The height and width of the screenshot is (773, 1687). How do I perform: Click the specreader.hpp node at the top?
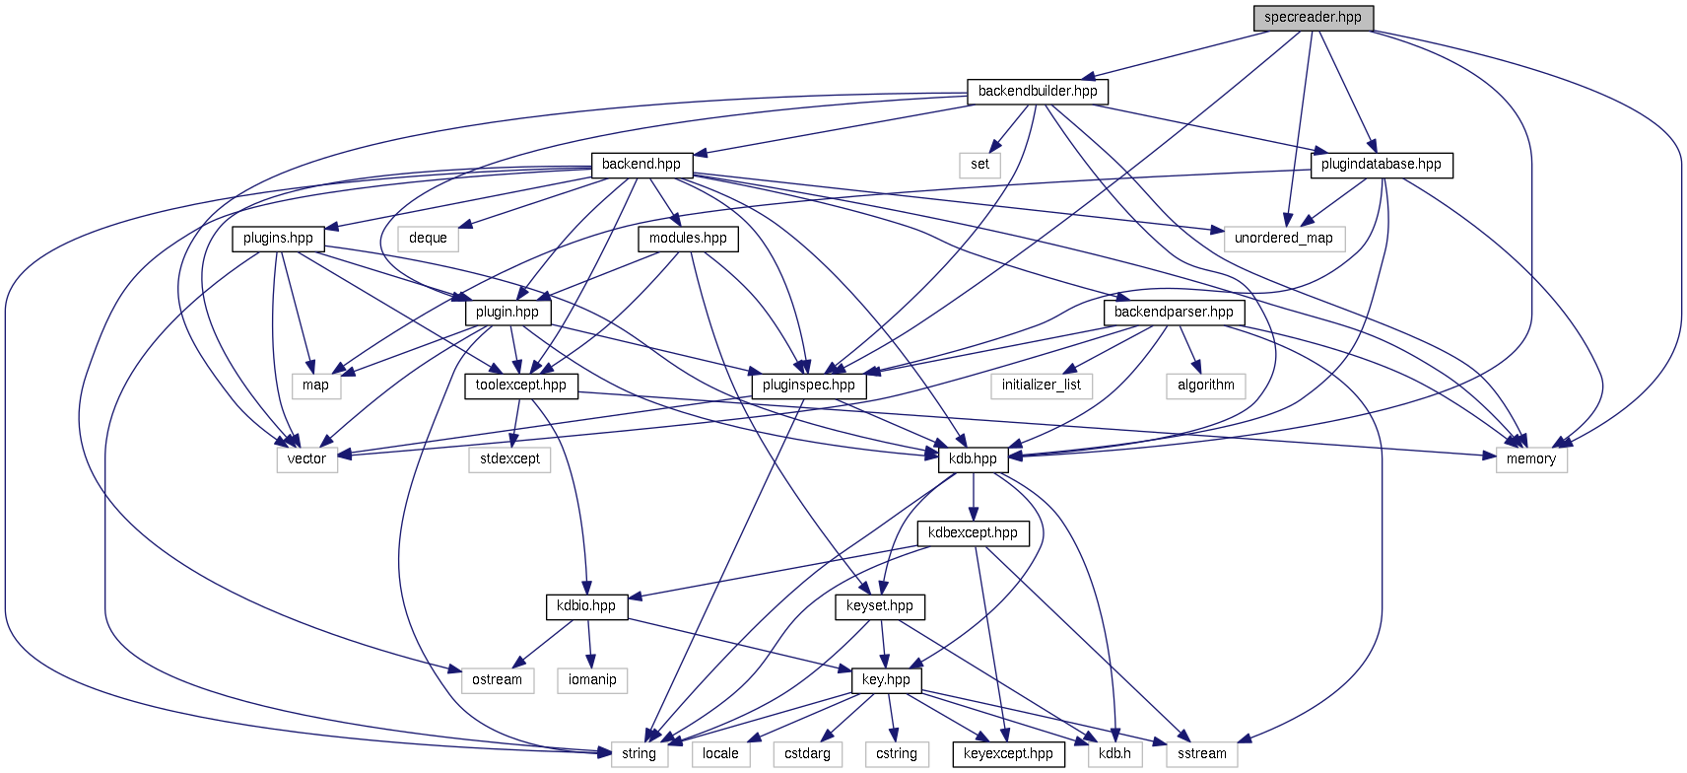[x=1313, y=18]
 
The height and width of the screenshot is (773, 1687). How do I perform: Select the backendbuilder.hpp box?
[x=1038, y=92]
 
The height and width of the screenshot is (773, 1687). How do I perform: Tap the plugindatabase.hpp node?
[x=1381, y=165]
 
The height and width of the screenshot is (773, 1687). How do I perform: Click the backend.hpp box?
[x=641, y=165]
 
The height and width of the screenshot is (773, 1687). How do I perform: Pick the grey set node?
[x=979, y=165]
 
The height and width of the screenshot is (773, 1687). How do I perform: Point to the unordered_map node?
[x=1283, y=239]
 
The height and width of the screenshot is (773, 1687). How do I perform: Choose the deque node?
[x=428, y=239]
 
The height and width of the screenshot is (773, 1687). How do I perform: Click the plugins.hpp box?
[x=278, y=239]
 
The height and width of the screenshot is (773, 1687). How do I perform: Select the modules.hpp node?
[x=688, y=239]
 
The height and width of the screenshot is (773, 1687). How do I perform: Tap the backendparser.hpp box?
[x=1174, y=313]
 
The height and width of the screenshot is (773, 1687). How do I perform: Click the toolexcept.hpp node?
[x=520, y=386]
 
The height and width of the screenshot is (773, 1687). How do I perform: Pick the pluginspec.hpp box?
[x=809, y=386]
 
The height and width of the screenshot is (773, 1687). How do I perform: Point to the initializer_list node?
[x=1042, y=386]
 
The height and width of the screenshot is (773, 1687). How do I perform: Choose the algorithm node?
[x=1205, y=386]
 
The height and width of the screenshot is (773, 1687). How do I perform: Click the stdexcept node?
[x=509, y=459]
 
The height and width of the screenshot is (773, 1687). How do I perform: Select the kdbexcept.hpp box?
[x=973, y=533]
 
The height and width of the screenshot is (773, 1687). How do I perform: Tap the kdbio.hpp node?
[x=585, y=606]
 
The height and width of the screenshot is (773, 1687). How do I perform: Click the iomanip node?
[x=592, y=680]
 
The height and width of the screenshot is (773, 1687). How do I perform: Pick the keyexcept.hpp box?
[x=1008, y=754]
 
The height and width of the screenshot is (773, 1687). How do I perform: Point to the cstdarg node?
[x=807, y=754]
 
